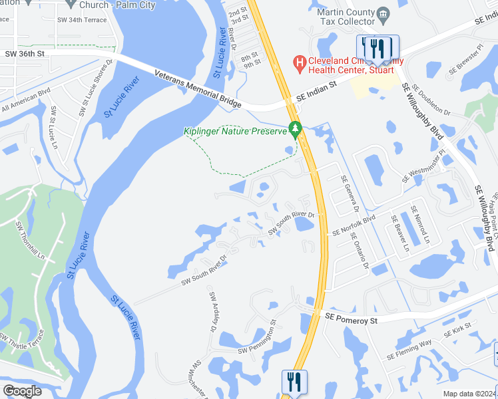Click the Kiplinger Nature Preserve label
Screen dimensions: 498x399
(234, 130)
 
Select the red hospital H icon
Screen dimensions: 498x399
(300, 63)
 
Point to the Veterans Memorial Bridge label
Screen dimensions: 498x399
(197, 87)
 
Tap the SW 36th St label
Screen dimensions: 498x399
(25, 54)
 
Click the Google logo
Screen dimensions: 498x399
(22, 391)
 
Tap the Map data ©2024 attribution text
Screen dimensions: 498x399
(469, 394)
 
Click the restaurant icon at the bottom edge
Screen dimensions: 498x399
(294, 382)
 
